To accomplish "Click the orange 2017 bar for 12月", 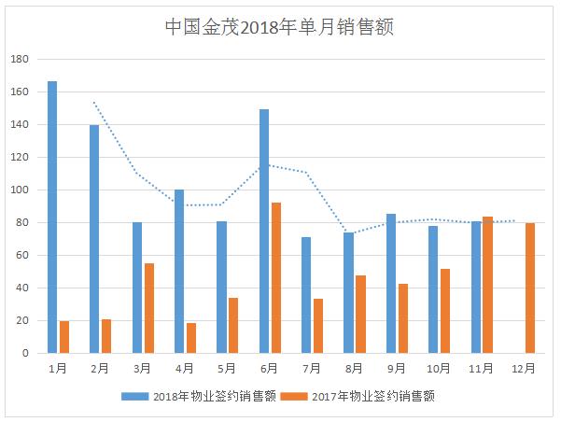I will tap(529, 288).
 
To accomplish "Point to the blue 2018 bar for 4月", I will tap(179, 272).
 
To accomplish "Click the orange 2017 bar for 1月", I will tap(64, 337).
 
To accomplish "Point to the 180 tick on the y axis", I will tap(21, 60).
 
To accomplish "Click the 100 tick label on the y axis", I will tap(21, 190).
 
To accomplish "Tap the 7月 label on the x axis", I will tap(312, 369).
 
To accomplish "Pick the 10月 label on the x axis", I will tap(439, 369).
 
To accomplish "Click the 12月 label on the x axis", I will tap(524, 369).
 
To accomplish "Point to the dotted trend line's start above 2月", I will tap(94, 103).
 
